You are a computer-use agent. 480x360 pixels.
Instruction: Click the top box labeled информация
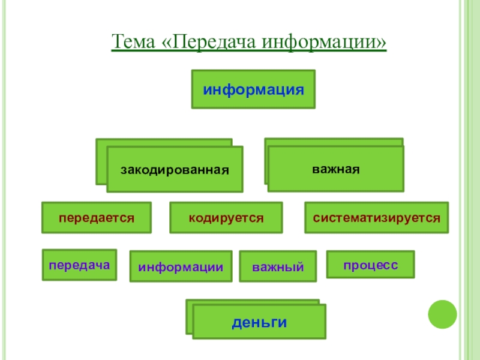click(x=253, y=89)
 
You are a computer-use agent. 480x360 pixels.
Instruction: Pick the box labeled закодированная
click(x=175, y=169)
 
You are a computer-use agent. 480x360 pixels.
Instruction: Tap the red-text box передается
click(x=96, y=217)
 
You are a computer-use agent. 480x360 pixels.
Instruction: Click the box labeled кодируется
click(x=226, y=217)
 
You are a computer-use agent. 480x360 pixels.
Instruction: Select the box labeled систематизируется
click(x=376, y=217)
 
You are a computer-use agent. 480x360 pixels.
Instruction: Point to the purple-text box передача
click(x=79, y=265)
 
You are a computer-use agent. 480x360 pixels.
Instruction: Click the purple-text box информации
click(x=181, y=266)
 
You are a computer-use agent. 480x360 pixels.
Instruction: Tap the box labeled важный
click(x=278, y=266)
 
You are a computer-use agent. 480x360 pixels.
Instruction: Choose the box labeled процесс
click(x=370, y=265)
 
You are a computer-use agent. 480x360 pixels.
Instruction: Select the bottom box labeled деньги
click(x=259, y=322)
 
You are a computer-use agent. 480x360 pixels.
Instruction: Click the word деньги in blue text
click(x=259, y=322)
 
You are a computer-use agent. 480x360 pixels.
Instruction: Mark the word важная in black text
click(x=335, y=168)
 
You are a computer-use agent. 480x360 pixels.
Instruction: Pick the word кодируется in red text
click(x=226, y=217)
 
